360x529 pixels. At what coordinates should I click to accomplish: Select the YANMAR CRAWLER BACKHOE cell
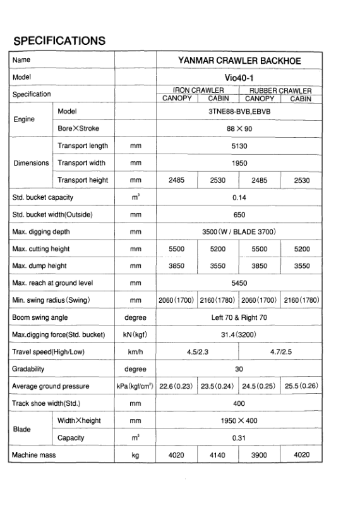[239, 61]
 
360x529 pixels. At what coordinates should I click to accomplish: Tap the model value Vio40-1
[239, 77]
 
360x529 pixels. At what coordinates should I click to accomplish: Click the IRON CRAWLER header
[199, 90]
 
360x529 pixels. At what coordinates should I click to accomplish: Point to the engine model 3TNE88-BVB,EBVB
[239, 111]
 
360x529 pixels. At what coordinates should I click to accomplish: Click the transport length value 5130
[239, 145]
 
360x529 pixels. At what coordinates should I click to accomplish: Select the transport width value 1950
[239, 162]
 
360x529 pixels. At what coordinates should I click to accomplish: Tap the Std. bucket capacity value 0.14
[239, 197]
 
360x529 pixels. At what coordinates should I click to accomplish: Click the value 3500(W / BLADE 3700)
[239, 231]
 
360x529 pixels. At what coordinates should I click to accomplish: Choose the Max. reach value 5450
[239, 283]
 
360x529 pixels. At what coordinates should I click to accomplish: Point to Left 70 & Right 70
[239, 317]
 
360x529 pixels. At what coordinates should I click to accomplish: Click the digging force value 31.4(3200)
[239, 334]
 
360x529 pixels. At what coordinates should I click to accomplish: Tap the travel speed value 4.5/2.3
[198, 351]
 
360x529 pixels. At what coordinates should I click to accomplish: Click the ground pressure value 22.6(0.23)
[177, 386]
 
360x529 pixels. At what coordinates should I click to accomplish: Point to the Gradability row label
[28, 368]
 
